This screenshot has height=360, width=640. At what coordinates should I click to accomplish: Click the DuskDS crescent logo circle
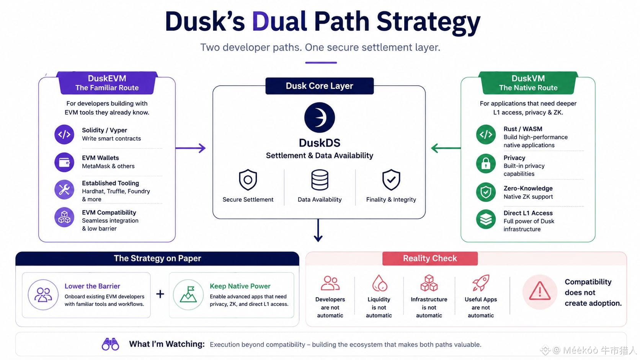click(320, 117)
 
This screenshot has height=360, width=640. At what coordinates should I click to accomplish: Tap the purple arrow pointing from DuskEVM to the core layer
click(191, 148)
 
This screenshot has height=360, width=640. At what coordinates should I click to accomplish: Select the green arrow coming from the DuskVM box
click(446, 148)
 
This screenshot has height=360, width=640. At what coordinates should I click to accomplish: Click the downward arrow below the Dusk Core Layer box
click(318, 230)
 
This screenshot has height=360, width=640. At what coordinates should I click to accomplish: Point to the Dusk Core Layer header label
click(320, 86)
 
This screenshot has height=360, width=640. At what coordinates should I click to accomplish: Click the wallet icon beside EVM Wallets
click(64, 162)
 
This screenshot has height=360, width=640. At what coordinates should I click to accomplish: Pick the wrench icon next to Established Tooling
click(64, 189)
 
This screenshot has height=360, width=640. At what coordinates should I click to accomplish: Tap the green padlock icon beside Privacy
click(486, 164)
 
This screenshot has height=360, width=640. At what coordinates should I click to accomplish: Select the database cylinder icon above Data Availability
click(320, 180)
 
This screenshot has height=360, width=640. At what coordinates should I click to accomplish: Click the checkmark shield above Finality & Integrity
click(391, 180)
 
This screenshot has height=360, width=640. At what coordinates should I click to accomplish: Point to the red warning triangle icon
click(540, 291)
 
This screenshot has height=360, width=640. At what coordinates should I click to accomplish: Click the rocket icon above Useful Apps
click(481, 283)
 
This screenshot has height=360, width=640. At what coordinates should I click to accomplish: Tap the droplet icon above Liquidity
click(379, 283)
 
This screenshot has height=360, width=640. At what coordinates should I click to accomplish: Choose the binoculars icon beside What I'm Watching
click(110, 344)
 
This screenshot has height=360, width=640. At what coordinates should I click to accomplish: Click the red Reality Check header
click(430, 258)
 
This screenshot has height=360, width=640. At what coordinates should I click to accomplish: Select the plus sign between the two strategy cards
click(160, 294)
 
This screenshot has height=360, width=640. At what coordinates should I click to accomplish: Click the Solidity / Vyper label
click(104, 130)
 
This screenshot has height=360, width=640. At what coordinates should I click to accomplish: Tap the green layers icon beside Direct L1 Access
click(486, 219)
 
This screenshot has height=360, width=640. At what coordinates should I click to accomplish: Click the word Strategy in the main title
click(428, 22)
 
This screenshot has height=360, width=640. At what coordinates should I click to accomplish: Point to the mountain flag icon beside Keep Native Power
click(188, 295)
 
